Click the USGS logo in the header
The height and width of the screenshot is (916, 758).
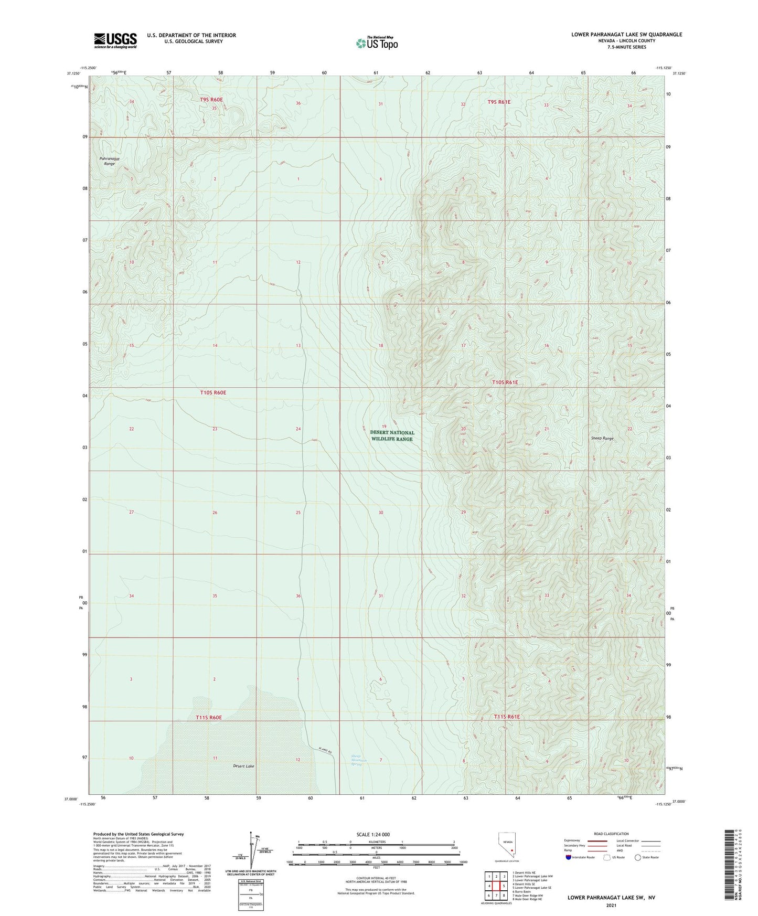[115, 40]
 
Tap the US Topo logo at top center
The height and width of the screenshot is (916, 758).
[377, 42]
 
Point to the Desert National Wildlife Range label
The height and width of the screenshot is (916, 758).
[392, 435]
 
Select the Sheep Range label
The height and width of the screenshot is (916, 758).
[602, 438]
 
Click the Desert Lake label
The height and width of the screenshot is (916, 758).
[244, 766]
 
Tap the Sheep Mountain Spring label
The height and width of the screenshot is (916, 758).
[359, 760]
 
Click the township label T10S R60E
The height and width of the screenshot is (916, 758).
[213, 392]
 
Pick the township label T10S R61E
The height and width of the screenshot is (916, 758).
[505, 382]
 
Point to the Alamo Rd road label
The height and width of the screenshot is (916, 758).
[325, 751]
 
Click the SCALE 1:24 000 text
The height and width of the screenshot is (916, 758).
[372, 834]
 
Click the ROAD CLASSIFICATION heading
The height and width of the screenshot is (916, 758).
[612, 834]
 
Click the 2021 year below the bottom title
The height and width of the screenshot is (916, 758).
[611, 906]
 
